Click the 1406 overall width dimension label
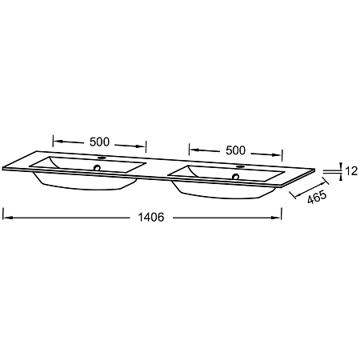coord(151,218)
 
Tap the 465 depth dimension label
coord(317,197)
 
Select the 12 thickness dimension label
coord(351,171)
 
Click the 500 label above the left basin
coord(100,142)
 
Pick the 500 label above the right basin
coord(235,150)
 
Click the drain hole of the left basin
coord(97,168)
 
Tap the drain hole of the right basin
coord(235,176)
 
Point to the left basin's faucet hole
coord(102,158)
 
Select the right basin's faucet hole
coord(240,166)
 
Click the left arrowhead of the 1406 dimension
coord(7,218)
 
